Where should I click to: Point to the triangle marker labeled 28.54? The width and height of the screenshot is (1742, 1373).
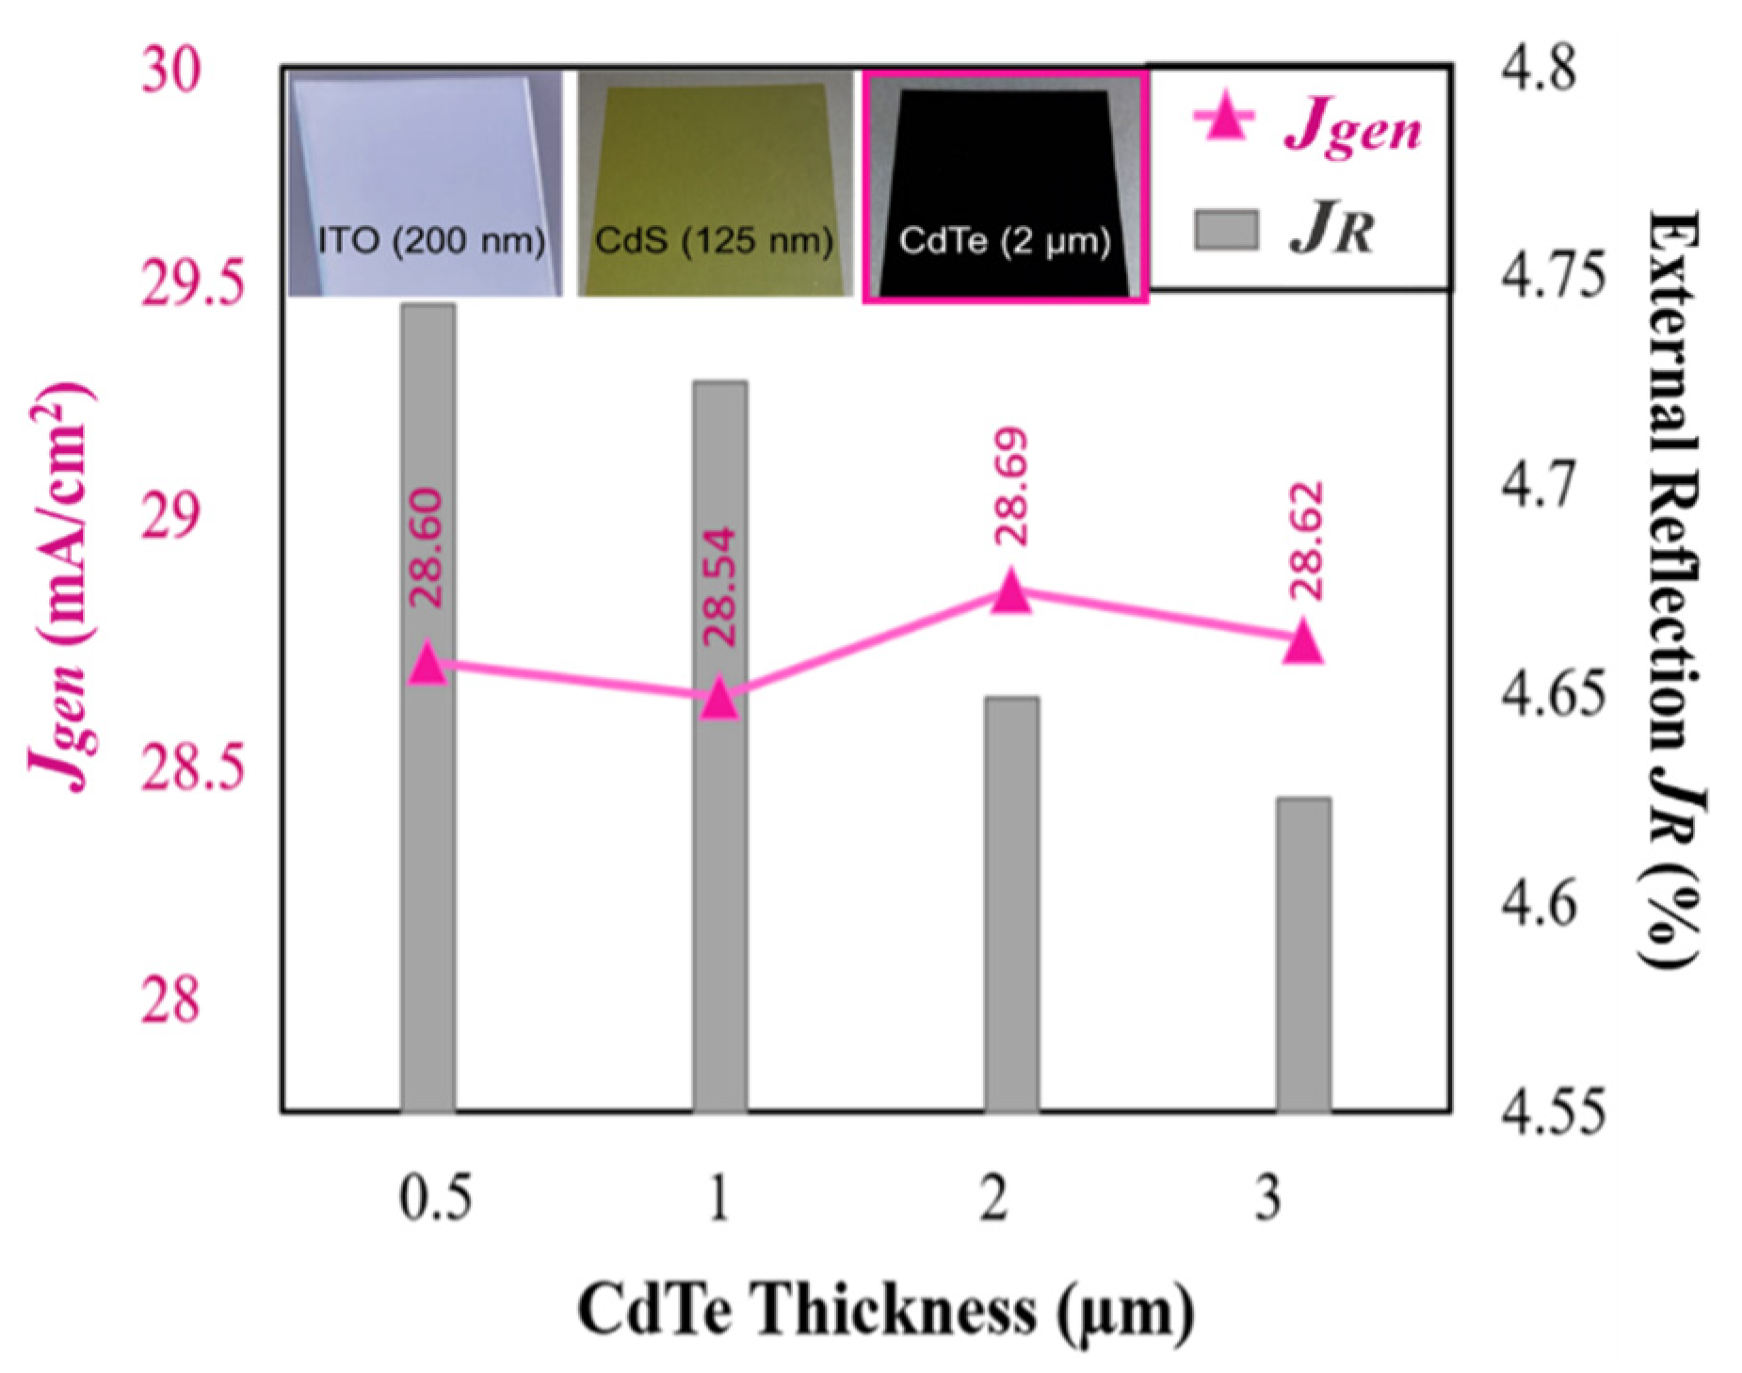[x=720, y=699]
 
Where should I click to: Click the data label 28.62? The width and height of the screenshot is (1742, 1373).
[x=1306, y=541]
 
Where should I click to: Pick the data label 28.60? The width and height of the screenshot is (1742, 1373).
[x=426, y=547]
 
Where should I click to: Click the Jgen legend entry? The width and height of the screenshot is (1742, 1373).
[x=1309, y=125]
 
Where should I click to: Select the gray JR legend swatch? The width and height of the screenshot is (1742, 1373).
[x=1226, y=230]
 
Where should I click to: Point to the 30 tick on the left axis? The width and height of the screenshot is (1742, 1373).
[x=171, y=70]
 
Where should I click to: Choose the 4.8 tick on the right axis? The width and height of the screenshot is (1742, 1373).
[x=1537, y=70]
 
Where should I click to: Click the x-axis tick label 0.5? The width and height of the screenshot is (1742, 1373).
[x=434, y=1199]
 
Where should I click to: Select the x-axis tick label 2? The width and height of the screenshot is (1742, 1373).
[x=994, y=1199]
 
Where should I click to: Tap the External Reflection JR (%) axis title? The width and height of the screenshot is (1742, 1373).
[x=1675, y=589]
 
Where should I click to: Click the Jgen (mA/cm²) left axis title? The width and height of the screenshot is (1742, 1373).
[x=60, y=589]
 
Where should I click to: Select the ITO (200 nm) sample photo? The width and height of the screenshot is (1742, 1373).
[x=426, y=184]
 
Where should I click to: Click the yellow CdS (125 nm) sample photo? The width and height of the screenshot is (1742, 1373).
[x=715, y=184]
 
